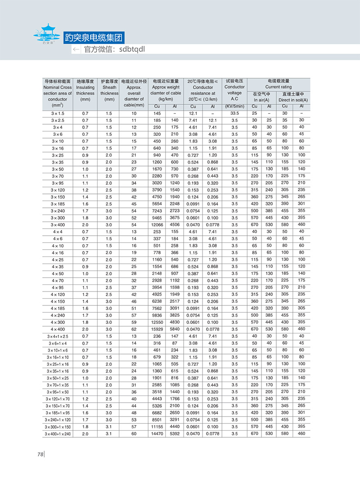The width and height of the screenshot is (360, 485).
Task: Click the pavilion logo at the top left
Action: tap(47, 34)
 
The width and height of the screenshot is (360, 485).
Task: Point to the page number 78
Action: tap(40, 454)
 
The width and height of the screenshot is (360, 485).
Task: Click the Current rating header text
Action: tap(278, 87)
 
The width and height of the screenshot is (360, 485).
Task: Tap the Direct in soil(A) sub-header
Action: tap(293, 99)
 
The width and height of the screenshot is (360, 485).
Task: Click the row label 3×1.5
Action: tap(58, 113)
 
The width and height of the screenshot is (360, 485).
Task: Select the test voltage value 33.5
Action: tap(234, 113)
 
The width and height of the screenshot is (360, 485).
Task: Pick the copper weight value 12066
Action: tap(157, 225)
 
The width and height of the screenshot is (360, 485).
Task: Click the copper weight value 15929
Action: tap(157, 329)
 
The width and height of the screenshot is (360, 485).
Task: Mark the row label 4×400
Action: tap(58, 329)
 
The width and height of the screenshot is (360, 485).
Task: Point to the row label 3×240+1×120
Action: tap(58, 419)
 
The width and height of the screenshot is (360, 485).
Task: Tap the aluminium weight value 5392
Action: tap(174, 433)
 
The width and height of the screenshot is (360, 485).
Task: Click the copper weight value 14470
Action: tap(157, 433)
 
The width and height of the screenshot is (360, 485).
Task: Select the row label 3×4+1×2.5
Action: tap(58, 336)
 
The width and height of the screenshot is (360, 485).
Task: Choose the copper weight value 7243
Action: tap(157, 211)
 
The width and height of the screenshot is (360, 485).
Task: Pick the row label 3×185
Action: tap(58, 204)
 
